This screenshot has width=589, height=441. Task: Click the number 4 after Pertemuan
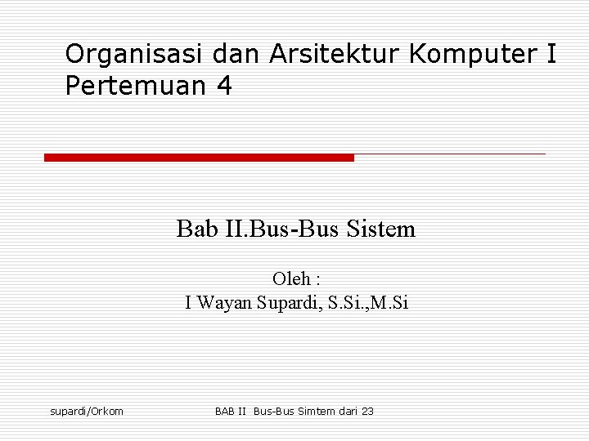point(224,86)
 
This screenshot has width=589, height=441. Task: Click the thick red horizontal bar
point(199,157)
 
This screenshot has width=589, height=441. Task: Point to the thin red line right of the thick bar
point(450,154)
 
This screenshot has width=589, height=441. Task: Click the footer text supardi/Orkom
point(87,411)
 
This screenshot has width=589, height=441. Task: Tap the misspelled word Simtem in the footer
point(316,411)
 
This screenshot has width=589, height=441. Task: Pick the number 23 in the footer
point(367,411)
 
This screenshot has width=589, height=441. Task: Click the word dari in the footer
point(348,411)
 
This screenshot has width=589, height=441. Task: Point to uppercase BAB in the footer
point(226,411)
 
